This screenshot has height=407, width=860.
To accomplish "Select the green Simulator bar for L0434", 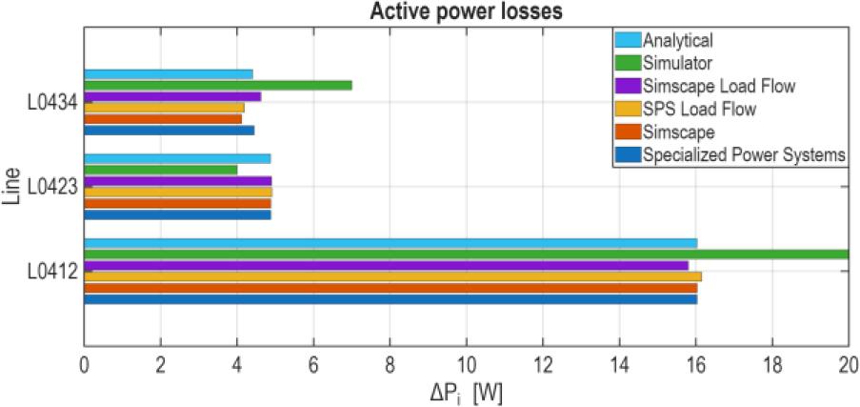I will point(218,85).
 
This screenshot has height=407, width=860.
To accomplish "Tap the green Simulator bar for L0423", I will point(161,170).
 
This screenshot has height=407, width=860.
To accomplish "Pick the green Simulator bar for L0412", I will point(466,254).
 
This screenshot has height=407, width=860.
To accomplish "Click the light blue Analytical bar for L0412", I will point(390,243).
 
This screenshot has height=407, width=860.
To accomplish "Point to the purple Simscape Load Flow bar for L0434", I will point(172,96).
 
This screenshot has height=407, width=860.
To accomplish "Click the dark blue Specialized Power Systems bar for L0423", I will point(177,214).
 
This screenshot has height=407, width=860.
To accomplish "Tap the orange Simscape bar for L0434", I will point(163,119).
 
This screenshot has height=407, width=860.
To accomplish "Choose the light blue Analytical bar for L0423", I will point(177,158).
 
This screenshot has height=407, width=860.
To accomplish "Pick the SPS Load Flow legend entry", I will point(699,109).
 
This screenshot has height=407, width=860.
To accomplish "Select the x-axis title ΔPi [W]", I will point(467,390).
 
